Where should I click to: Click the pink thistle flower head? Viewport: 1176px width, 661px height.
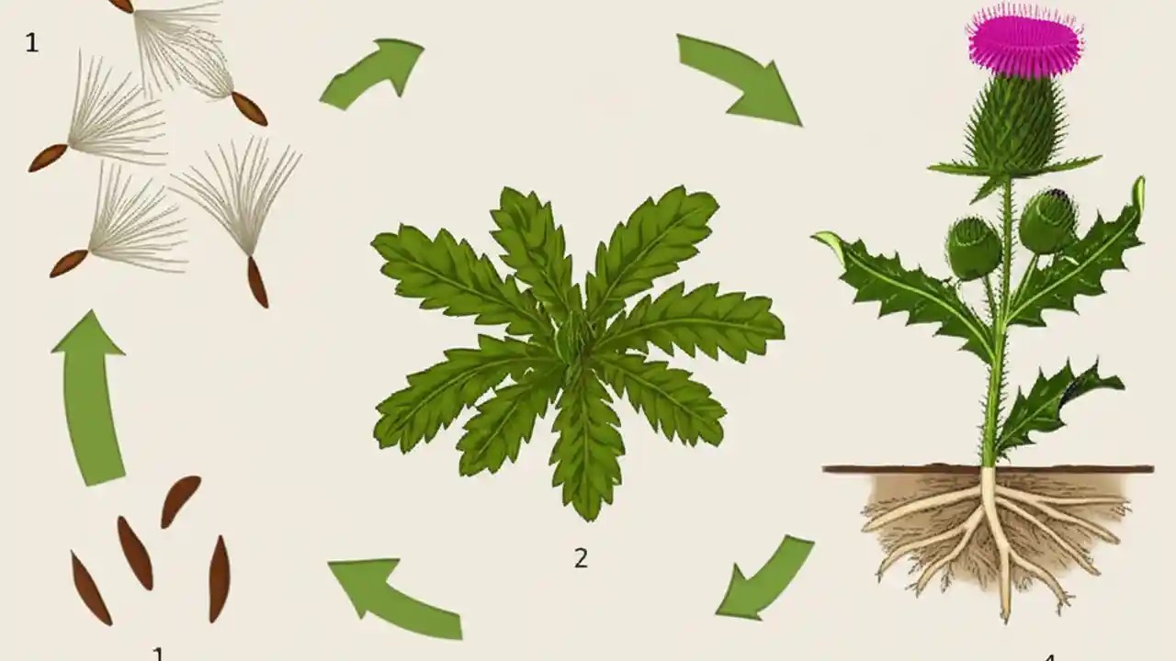(1024, 41)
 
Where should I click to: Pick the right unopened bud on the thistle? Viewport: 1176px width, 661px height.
(1047, 220)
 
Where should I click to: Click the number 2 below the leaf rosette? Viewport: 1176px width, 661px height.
(581, 557)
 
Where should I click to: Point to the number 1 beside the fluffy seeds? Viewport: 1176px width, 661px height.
(32, 42)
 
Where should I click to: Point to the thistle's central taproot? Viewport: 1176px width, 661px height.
(998, 532)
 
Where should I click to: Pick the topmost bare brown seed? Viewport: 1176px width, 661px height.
(180, 501)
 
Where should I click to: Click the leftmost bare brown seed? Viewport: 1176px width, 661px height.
(91, 588)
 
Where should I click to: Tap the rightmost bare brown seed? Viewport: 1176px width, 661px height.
(219, 578)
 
